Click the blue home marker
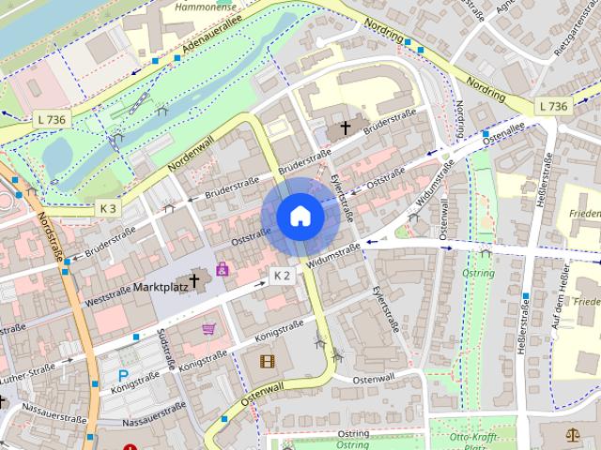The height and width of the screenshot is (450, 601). (300, 217)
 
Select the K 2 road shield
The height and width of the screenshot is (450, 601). (282, 275)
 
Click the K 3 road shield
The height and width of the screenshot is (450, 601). (108, 207)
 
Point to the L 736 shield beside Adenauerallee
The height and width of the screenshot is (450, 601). (51, 120)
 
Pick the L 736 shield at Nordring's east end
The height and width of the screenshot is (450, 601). (553, 107)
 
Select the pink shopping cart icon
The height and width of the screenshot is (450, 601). (208, 329)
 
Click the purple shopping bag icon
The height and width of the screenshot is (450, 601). (223, 269)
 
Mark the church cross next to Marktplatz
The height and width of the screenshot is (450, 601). (195, 279)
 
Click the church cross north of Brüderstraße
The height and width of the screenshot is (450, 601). (345, 127)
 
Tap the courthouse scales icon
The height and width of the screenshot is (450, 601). (574, 436)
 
